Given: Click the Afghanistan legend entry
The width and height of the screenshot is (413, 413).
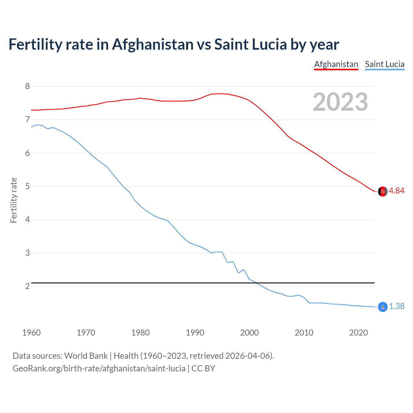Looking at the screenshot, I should pos(336,64).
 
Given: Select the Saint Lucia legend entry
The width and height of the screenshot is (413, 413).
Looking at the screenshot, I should pos(385,64).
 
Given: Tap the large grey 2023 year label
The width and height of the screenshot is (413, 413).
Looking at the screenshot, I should pos(340,102).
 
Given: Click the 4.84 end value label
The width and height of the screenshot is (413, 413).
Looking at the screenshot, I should pos(397,191).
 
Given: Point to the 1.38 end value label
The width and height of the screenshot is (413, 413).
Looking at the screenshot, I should pos(397,306).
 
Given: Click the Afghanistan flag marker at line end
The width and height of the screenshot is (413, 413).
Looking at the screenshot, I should pos(383,191).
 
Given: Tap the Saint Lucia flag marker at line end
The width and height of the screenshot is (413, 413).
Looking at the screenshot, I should pos(383,307).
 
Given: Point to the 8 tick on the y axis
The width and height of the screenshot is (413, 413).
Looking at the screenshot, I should pos(27,86).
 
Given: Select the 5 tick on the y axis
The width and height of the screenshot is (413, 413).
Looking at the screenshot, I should pos(27,186).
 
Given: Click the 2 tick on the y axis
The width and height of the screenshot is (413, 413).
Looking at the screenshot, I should pos(27,286).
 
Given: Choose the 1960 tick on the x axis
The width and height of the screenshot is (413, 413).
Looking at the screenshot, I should pos(31,333).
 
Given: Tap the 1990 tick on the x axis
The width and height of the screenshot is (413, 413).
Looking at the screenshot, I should pos(195,333).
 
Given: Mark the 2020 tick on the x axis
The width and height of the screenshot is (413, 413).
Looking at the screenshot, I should pos(358,333).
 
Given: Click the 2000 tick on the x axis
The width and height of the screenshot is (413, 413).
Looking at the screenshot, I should pos(249,333).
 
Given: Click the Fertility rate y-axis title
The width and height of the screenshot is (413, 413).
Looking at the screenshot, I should pos(14,200).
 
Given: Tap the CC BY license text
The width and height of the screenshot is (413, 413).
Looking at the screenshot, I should pos(203,368).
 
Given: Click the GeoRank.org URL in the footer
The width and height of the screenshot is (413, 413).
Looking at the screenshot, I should pos(99,368).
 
